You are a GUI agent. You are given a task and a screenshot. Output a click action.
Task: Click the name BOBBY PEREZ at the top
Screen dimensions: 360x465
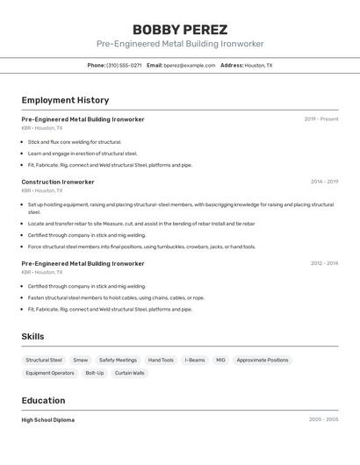(180, 29)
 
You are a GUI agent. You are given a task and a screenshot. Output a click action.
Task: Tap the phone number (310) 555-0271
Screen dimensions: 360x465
(124, 65)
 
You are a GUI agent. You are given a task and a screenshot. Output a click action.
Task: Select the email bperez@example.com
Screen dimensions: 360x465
(189, 65)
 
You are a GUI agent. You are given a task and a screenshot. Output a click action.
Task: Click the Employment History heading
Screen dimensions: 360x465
(65, 100)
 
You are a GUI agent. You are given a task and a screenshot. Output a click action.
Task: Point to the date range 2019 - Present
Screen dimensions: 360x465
(320, 119)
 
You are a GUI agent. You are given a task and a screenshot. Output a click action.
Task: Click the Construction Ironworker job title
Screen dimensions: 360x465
(58, 182)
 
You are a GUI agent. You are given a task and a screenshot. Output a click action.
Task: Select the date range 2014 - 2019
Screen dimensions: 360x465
(324, 182)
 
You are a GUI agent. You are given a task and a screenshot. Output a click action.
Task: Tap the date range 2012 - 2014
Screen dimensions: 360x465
(324, 263)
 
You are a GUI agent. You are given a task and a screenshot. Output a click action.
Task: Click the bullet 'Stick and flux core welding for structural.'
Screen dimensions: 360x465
(75, 141)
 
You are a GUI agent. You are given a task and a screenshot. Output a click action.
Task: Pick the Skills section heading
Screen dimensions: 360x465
(32, 336)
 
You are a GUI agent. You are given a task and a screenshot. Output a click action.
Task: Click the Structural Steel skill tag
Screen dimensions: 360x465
(44, 360)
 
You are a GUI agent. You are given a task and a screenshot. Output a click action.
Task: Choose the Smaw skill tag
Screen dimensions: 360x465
(81, 360)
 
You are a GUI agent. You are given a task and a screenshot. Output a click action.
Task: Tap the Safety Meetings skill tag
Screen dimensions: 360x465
(118, 360)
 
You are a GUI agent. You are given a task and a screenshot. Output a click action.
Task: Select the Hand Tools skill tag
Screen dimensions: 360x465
(161, 360)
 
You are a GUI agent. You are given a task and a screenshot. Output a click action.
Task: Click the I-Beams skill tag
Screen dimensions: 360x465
(195, 360)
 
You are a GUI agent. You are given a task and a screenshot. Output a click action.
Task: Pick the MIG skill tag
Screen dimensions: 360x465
(220, 360)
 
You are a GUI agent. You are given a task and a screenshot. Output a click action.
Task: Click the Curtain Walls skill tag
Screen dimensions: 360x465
(129, 373)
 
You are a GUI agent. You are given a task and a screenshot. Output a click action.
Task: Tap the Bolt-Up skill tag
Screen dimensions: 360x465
(94, 373)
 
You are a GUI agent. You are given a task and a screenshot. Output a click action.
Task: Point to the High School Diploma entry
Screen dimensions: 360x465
(48, 419)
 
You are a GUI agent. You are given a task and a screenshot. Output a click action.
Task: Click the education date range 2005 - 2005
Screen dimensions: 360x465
(323, 419)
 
